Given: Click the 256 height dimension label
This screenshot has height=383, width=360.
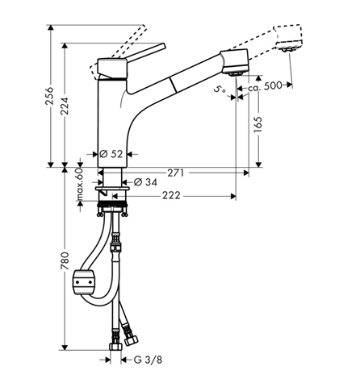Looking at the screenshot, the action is click(49, 96).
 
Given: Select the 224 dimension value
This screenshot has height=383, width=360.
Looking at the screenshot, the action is click(65, 106).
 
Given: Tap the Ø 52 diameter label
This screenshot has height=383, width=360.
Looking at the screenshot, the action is click(111, 154).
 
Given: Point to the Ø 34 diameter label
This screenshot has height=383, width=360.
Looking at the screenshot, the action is click(145, 182).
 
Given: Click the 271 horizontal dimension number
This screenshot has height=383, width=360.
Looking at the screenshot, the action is click(176, 173).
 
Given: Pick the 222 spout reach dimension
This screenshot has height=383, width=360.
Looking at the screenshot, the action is click(171, 195).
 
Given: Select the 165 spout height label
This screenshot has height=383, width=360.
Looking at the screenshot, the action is click(258, 124).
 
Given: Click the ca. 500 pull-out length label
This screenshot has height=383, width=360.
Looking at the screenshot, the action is click(265, 85).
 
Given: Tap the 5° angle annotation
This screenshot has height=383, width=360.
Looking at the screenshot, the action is click(220, 90).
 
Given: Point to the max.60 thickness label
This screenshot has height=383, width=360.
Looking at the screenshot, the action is click(79, 185).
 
